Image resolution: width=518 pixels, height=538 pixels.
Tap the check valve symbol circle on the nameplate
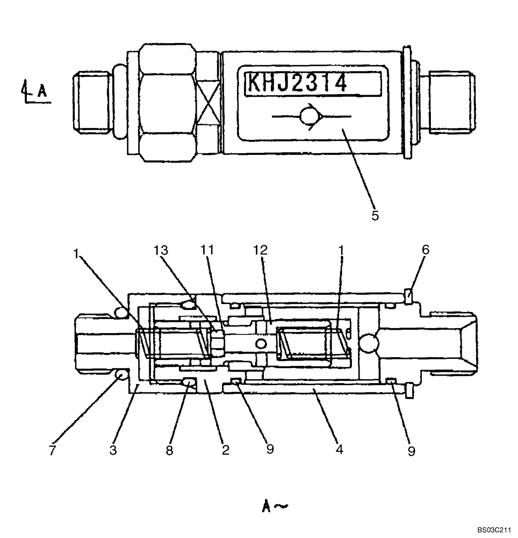coord(308,116)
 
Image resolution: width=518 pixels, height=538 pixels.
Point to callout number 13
coord(161,250)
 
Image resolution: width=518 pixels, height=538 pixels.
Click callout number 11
coord(207,250)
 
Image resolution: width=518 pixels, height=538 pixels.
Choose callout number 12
coord(261,250)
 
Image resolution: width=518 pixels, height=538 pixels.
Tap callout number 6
coord(426,250)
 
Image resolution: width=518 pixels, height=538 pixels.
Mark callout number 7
coord(52,450)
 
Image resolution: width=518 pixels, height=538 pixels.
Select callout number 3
coord(113,450)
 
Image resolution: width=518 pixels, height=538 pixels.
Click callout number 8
coord(169,450)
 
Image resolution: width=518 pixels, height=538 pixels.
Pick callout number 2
coord(226,450)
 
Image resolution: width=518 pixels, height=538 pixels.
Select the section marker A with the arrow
coord(35,91)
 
